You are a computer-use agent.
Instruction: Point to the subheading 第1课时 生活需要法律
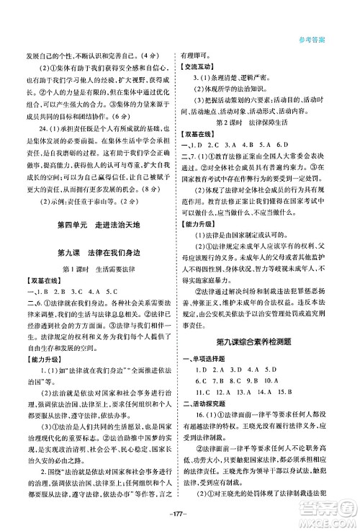pos(99,269)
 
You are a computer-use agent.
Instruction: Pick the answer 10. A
pos(287,380)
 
